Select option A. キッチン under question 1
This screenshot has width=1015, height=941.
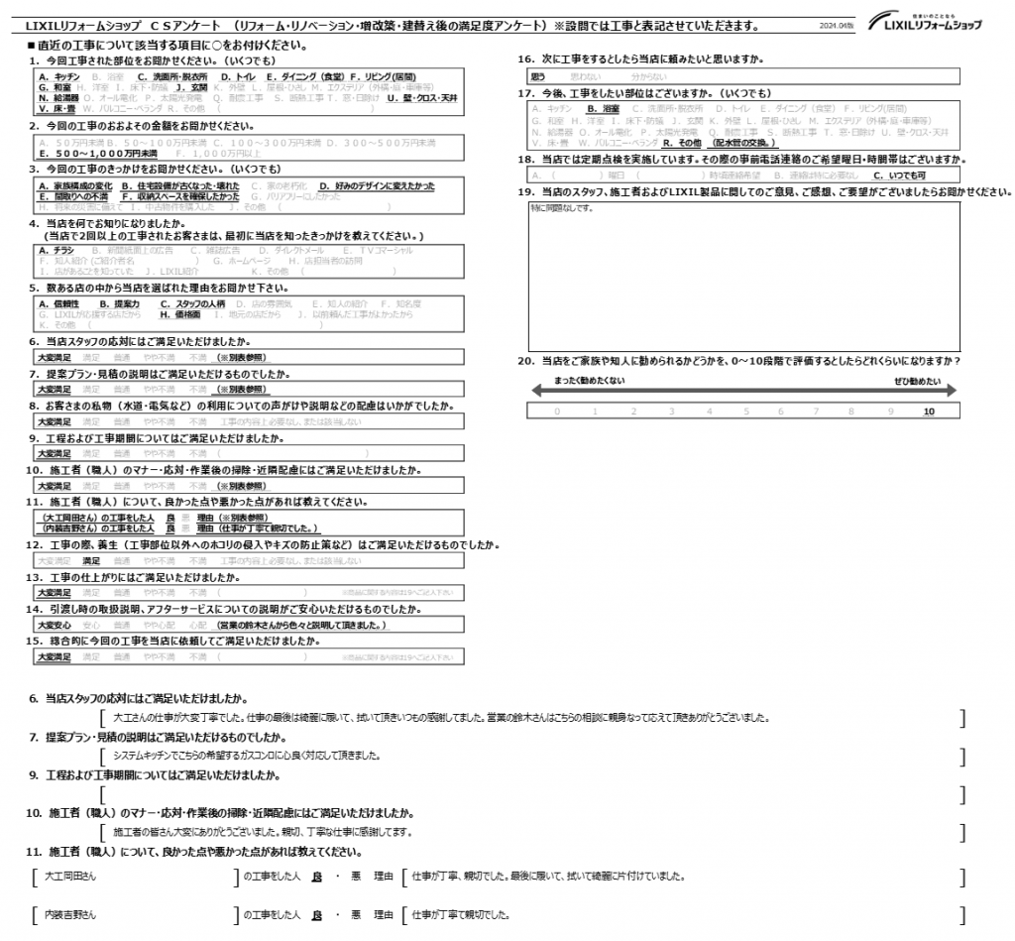tap(58, 76)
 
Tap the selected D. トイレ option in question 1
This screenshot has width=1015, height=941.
tap(239, 76)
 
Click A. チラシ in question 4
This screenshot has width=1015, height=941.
tap(56, 251)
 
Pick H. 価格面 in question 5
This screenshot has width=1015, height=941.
tap(180, 313)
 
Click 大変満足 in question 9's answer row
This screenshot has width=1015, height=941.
tap(53, 454)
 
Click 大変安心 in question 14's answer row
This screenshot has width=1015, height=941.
tap(53, 626)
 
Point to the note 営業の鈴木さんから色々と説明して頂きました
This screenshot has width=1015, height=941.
tap(302, 626)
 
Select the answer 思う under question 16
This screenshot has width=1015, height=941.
tap(539, 75)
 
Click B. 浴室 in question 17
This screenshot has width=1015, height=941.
tap(603, 108)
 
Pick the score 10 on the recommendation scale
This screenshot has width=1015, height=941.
tap(928, 411)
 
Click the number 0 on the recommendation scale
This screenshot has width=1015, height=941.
tap(557, 411)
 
